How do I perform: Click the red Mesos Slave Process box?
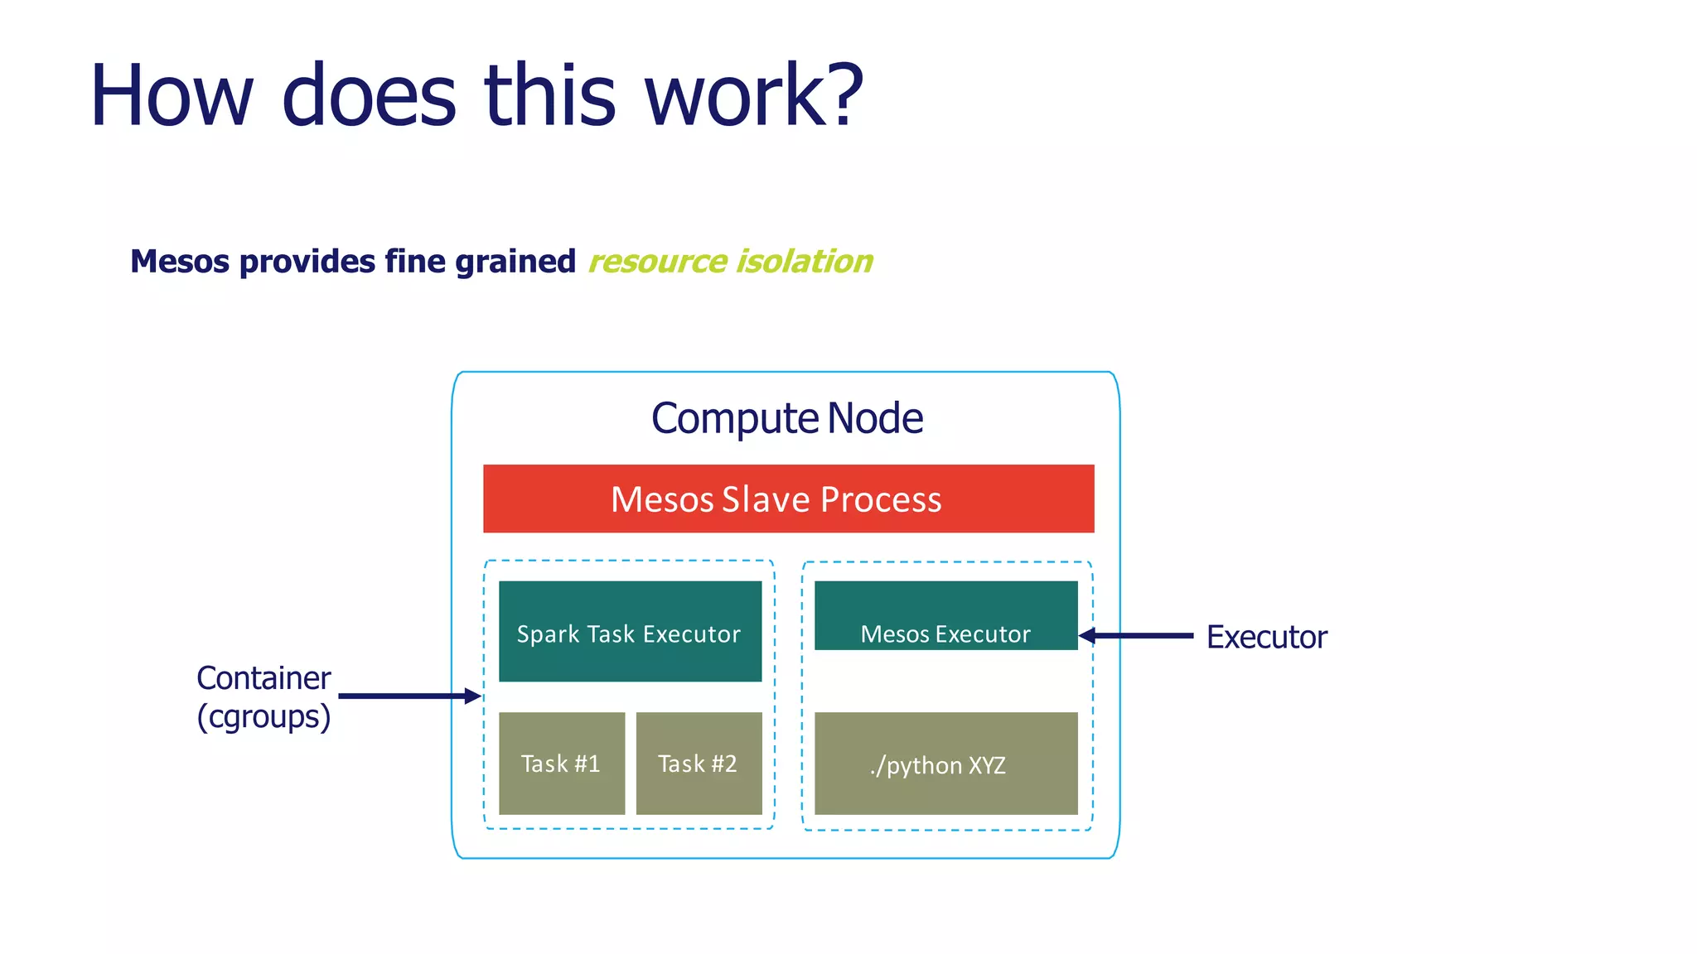coord(788,499)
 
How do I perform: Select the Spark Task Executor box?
coord(630,631)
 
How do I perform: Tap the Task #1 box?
coord(561,763)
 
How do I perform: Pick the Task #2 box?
coord(699,763)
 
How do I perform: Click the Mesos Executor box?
coord(945,615)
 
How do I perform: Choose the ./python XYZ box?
coord(945,763)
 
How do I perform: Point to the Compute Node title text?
coord(786,418)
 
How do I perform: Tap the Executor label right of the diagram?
coord(1266,637)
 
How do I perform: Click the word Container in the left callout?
coord(263,678)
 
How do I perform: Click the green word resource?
coord(657,262)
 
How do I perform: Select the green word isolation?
coord(805,262)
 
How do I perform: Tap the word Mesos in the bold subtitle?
coord(179,262)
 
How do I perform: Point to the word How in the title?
coord(171,96)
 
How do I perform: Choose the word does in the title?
coord(369,96)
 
